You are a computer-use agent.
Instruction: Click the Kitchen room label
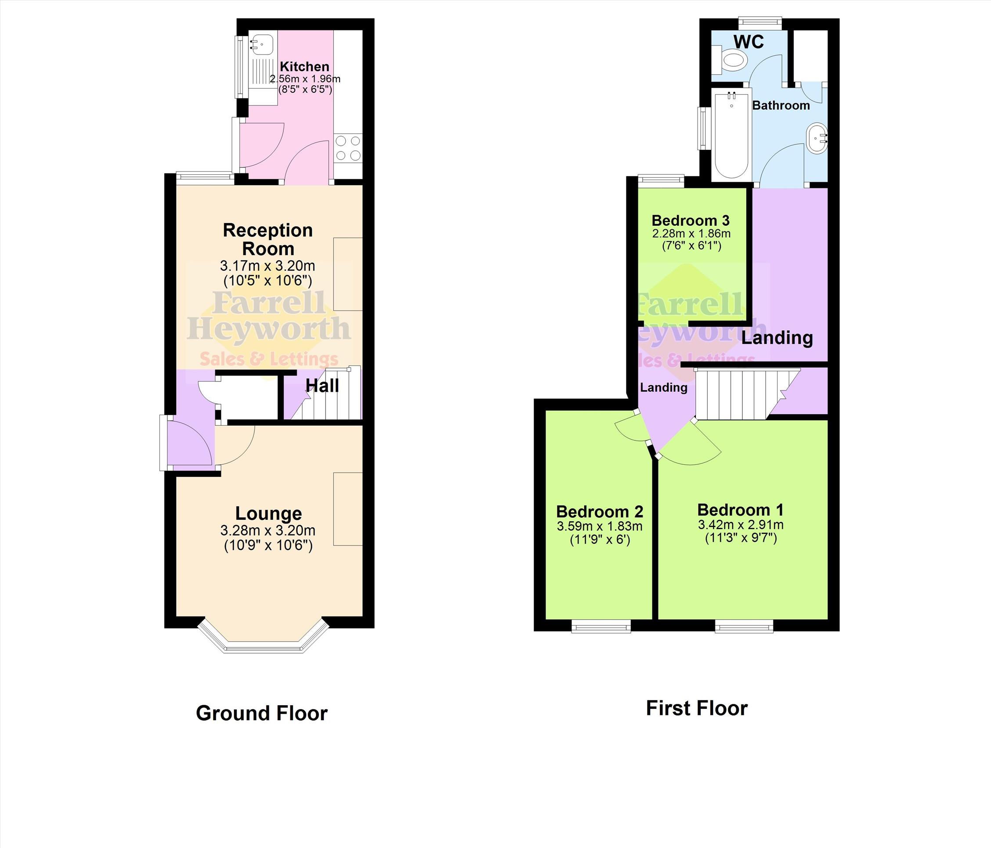304,66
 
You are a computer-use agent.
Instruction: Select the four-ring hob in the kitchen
348,148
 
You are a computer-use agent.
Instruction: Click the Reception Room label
268,239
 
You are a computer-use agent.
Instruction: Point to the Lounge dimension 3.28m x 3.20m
268,530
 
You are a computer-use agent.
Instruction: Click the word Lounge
268,513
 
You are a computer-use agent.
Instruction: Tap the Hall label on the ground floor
322,386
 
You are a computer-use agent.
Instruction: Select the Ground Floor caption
262,713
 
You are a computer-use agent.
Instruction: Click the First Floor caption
696,708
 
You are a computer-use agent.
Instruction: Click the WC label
749,42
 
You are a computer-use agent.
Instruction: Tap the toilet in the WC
729,60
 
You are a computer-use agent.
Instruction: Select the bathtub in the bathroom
731,135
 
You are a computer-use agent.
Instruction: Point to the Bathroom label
781,105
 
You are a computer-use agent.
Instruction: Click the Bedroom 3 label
691,220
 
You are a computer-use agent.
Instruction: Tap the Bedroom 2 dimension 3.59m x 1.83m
599,526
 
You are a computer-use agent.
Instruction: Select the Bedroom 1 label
740,509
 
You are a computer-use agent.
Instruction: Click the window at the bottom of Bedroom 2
602,626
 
